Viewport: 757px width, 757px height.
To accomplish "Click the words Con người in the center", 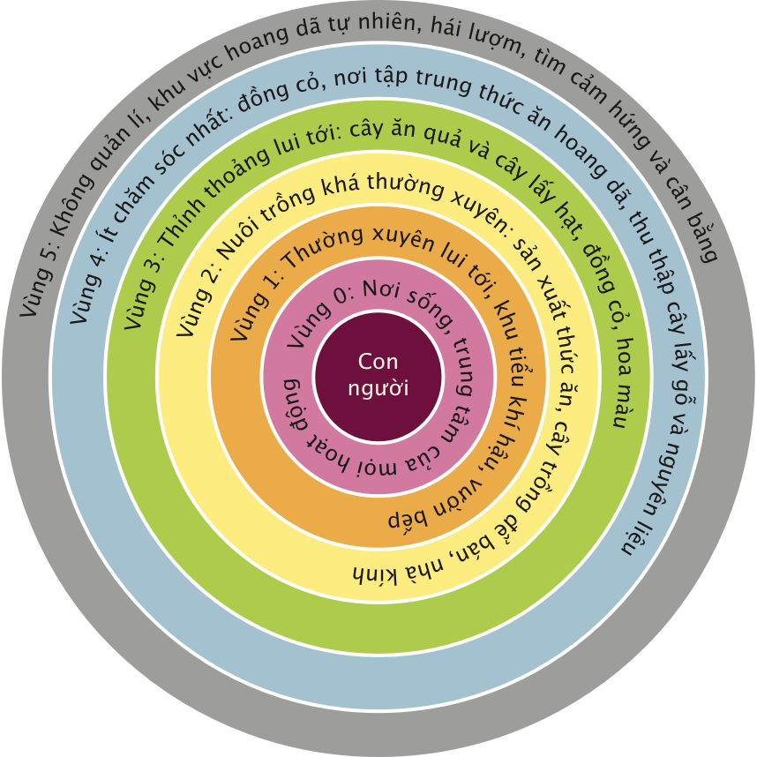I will click(x=378, y=374).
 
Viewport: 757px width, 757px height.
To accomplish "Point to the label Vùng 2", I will click(x=200, y=292).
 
